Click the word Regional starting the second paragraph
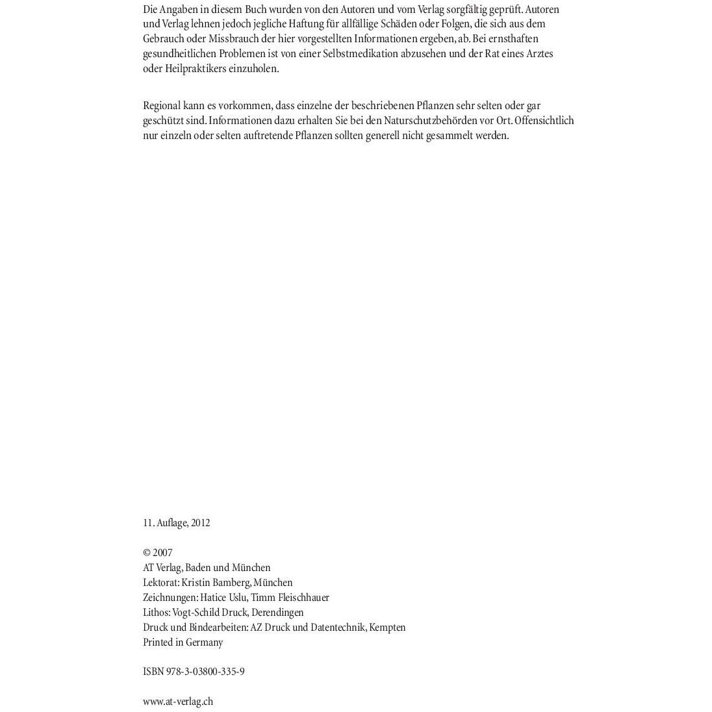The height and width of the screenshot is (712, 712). point(161,106)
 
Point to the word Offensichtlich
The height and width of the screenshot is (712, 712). point(544,121)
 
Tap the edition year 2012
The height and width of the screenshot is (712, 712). point(200,523)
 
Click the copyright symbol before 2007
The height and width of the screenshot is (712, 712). point(147,553)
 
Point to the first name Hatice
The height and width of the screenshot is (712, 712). point(213,598)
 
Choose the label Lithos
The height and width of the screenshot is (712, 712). point(157,613)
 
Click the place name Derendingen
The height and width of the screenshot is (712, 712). point(277,613)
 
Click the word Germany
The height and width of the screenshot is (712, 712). point(205,642)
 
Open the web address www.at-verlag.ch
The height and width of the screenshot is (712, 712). point(178,702)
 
